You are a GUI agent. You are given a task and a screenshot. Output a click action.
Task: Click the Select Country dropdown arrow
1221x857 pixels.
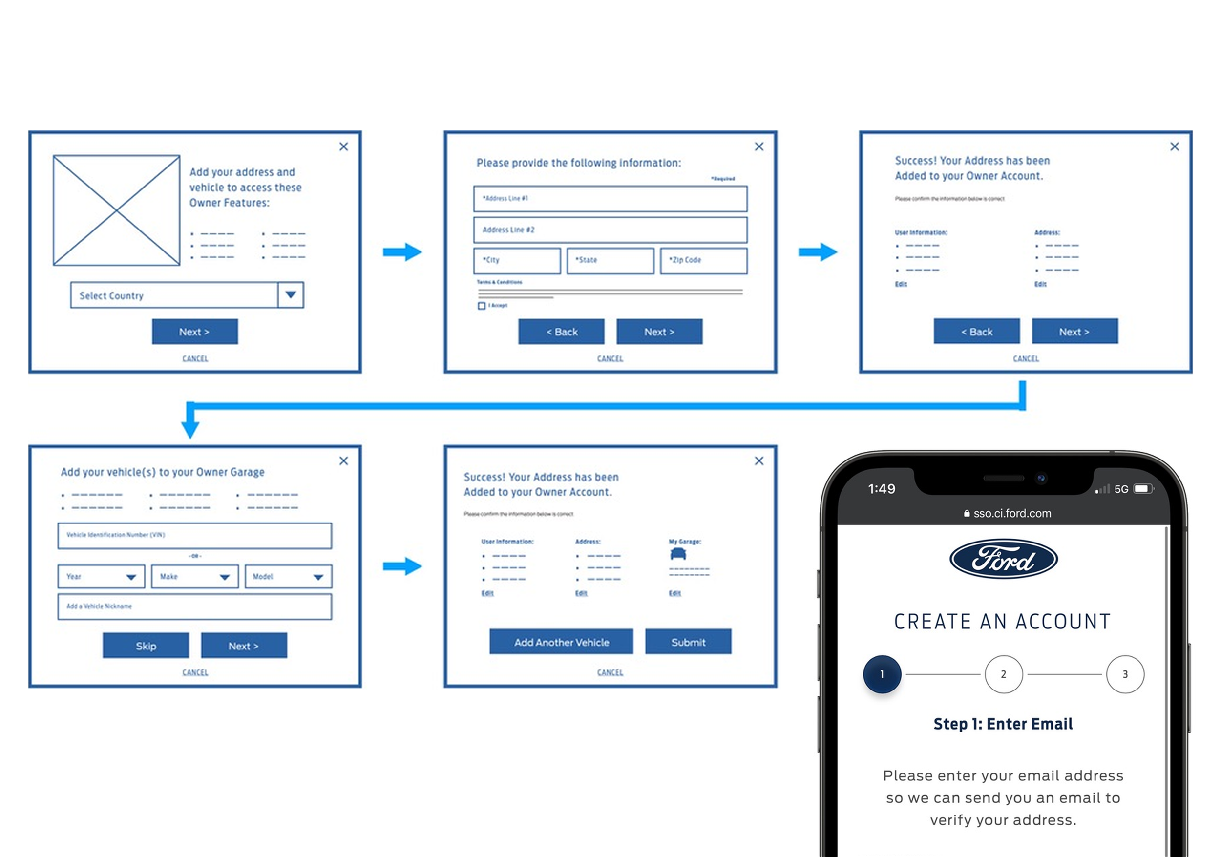pyautogui.click(x=291, y=295)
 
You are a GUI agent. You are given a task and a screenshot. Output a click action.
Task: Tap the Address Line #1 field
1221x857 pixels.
pyautogui.click(x=610, y=199)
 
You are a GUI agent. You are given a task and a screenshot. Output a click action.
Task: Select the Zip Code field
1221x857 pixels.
pyautogui.click(x=703, y=260)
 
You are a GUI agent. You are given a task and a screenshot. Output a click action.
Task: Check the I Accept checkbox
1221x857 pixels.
pyautogui.click(x=482, y=306)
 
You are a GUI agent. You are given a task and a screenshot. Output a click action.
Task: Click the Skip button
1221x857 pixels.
pyautogui.click(x=146, y=646)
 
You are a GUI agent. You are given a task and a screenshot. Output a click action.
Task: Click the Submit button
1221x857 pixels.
pyautogui.click(x=688, y=642)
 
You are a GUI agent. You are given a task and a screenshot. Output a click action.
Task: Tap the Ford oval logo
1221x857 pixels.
pyautogui.click(x=1004, y=559)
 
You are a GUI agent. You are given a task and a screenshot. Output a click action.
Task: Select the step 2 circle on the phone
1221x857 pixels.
pyautogui.click(x=1004, y=674)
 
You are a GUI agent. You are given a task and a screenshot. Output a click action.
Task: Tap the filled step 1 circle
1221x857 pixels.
pyautogui.click(x=882, y=674)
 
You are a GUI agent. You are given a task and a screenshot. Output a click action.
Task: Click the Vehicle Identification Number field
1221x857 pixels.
pyautogui.click(x=195, y=535)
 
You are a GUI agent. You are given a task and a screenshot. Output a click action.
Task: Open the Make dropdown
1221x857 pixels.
pyautogui.click(x=195, y=576)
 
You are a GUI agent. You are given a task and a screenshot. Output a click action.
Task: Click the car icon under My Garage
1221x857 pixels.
pyautogui.click(x=678, y=554)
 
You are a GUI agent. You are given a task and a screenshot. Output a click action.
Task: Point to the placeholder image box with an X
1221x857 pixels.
pyautogui.click(x=116, y=210)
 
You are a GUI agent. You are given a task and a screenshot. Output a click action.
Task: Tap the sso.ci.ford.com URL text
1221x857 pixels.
pyautogui.click(x=1012, y=514)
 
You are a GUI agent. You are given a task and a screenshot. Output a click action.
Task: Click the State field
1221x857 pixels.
pyautogui.click(x=610, y=260)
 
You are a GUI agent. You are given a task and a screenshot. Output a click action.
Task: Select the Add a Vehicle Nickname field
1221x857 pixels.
pyautogui.click(x=195, y=606)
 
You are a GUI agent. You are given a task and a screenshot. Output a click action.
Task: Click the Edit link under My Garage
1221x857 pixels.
pyautogui.click(x=675, y=593)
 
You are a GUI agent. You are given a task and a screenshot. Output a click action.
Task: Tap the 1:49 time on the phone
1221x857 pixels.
pyautogui.click(x=882, y=489)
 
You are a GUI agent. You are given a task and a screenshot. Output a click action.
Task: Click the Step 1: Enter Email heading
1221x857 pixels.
pyautogui.click(x=1003, y=724)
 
